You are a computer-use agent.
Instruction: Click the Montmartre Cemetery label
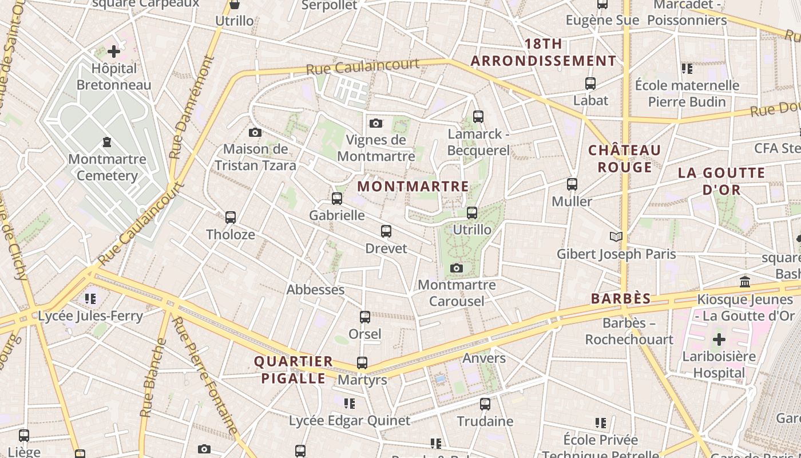[107, 167]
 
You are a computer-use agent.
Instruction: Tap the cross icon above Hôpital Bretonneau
[114, 52]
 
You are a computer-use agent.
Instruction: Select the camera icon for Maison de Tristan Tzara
[255, 133]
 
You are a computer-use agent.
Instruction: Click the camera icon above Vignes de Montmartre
[376, 123]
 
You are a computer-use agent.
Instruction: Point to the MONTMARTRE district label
[413, 187]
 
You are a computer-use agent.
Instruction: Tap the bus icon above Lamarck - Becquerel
[478, 117]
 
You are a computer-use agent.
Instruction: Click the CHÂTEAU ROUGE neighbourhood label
[625, 159]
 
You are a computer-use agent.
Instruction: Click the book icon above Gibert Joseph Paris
[616, 236]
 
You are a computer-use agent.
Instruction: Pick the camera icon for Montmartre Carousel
[456, 268]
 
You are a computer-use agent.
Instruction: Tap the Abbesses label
[315, 290]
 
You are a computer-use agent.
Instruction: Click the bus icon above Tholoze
[231, 218]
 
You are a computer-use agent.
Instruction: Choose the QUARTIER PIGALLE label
[294, 370]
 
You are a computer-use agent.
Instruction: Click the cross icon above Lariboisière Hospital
[719, 339]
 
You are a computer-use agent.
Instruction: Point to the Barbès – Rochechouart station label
[629, 331]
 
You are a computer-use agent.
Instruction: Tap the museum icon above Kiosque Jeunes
[745, 282]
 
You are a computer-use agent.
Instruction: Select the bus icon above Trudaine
[485, 404]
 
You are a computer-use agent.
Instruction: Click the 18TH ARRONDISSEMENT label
[544, 52]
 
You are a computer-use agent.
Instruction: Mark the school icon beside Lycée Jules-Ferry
[90, 298]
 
